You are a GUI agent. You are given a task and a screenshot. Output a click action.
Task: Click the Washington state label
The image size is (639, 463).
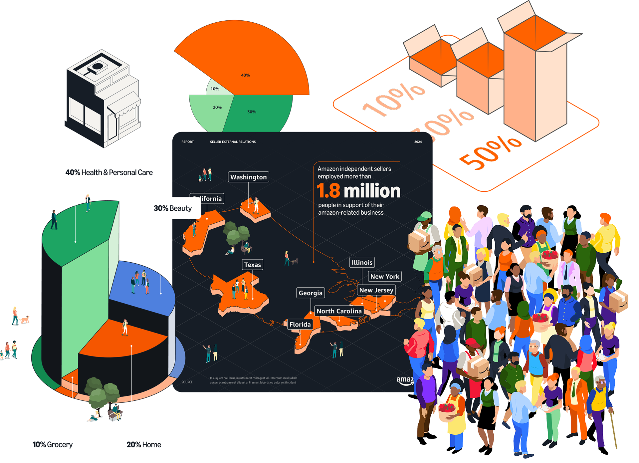(x=248, y=177)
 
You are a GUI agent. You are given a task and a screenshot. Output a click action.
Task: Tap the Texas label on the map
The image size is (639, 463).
(x=252, y=265)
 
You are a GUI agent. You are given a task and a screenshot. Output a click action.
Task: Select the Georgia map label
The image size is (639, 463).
(x=311, y=293)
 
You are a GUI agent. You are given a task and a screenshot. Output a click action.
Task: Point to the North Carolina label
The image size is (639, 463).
(x=339, y=311)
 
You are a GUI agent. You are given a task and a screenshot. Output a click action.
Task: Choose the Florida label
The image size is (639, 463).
(x=300, y=324)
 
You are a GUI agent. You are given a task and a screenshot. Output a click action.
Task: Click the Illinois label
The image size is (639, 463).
(x=362, y=262)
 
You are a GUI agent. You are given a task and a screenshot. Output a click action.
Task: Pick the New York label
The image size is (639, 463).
(x=385, y=276)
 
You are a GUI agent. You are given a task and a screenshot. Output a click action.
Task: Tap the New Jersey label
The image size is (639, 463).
(x=376, y=290)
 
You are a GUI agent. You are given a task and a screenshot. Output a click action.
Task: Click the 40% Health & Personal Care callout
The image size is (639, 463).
(x=109, y=172)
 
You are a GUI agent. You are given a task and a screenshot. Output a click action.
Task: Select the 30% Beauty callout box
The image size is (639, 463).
(x=172, y=208)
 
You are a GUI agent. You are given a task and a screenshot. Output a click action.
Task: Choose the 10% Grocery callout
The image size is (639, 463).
(x=53, y=444)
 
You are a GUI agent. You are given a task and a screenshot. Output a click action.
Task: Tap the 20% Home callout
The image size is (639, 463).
(x=144, y=444)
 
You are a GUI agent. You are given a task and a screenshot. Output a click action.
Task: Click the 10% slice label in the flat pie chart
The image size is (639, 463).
(x=215, y=89)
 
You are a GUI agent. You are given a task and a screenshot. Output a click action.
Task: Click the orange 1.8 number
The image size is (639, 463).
(x=328, y=191)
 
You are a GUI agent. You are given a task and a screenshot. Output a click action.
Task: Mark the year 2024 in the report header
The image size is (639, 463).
(x=418, y=142)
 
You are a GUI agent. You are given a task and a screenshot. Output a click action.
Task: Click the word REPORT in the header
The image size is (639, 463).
(x=187, y=142)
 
